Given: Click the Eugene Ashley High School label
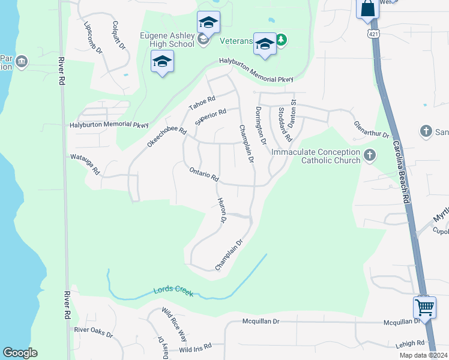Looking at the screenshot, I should tap(167, 40).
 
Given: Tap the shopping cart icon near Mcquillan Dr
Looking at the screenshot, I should tap(424, 307).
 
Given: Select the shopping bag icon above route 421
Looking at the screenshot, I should tap(367, 9).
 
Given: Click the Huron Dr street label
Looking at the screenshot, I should tap(221, 211).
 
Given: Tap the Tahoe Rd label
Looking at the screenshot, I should tap(202, 103).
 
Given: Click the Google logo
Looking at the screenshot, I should tap(20, 353).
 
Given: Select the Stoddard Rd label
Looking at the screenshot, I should tap(285, 124).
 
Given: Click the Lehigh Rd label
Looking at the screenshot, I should tap(410, 343).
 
